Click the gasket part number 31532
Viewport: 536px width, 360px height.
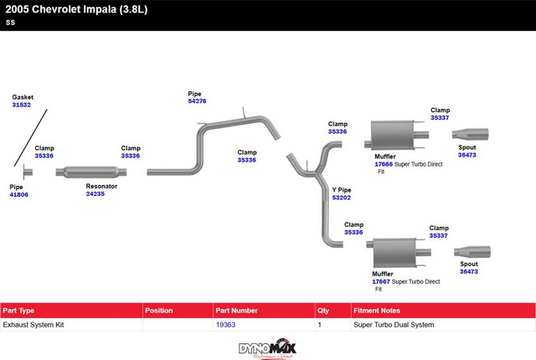(x=21, y=105)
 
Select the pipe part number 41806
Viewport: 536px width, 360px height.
(x=18, y=194)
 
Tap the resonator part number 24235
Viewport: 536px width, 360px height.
(x=95, y=193)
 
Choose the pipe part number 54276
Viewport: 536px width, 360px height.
(x=197, y=100)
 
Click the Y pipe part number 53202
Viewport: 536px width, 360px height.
(x=342, y=198)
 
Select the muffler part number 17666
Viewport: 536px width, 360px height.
(x=383, y=164)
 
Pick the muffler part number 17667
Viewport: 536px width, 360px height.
(x=381, y=282)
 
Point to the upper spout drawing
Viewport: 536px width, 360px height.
(x=471, y=134)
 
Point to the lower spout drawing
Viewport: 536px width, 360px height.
(x=472, y=251)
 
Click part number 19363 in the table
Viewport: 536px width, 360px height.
(x=225, y=324)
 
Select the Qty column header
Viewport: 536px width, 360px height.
(x=323, y=310)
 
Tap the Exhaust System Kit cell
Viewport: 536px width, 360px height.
(x=33, y=324)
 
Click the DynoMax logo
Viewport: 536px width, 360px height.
(x=267, y=347)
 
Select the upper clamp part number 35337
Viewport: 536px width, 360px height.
(x=440, y=118)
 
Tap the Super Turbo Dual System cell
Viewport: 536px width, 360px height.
(x=394, y=324)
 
